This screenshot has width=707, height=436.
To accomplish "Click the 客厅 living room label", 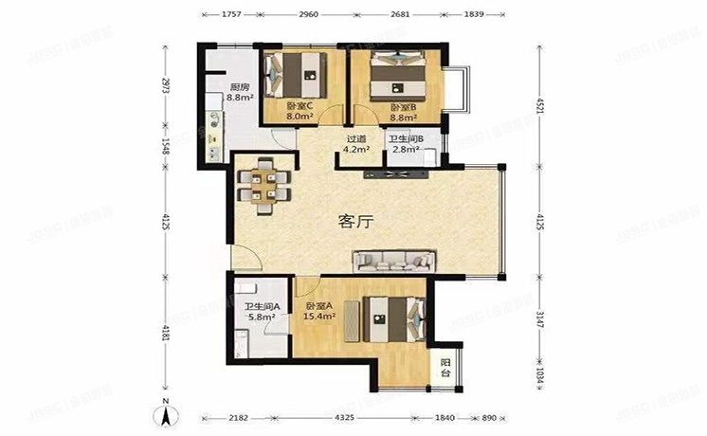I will pyautogui.click(x=356, y=222).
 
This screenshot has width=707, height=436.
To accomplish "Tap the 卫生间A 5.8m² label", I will pyautogui.click(x=259, y=312).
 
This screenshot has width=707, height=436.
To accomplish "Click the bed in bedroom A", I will pyautogui.click(x=389, y=318).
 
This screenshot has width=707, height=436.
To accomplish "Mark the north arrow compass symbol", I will pyautogui.click(x=166, y=413).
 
